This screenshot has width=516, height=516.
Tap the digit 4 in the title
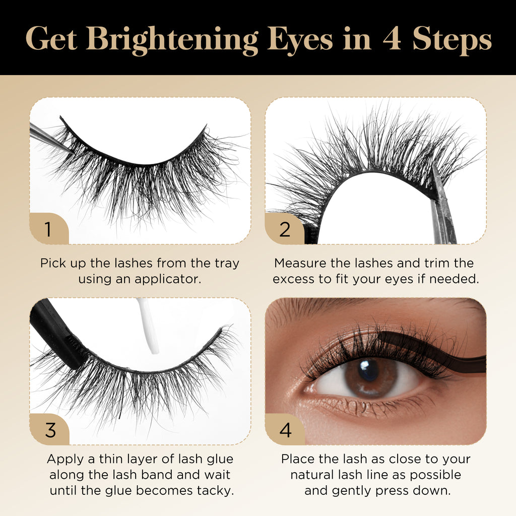tap(392, 38)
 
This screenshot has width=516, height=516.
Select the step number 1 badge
tap(49, 229)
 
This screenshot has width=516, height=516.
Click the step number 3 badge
tap(50, 429)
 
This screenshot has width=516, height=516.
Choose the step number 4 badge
tap(285, 429)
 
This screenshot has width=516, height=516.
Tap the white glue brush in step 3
tap(148, 326)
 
